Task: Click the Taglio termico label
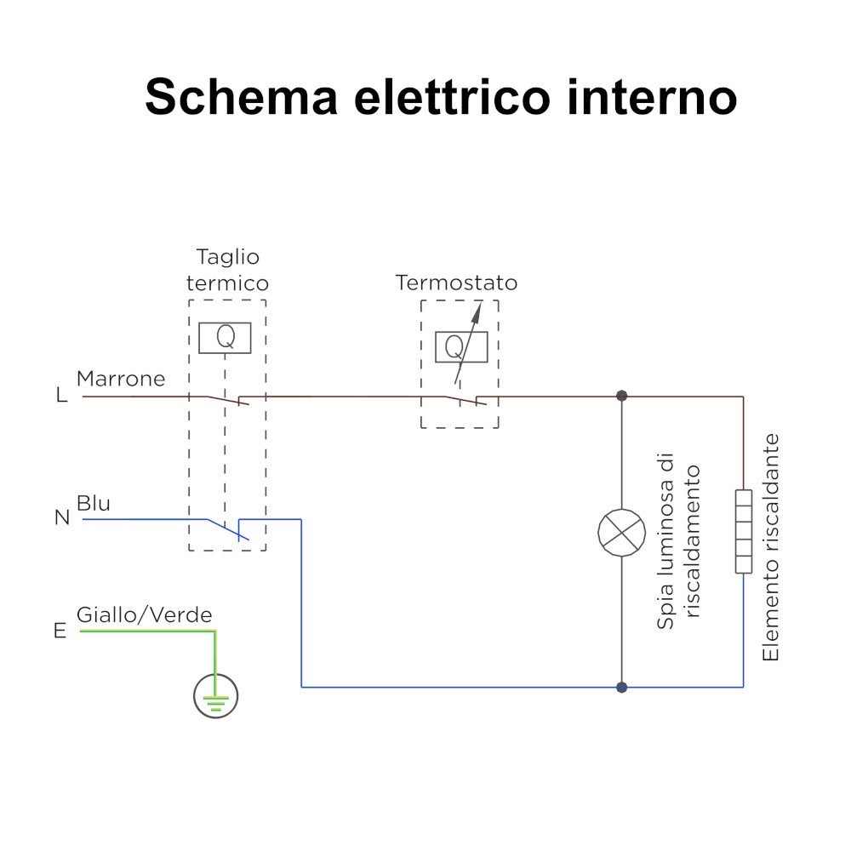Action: click(x=227, y=270)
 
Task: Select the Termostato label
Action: click(x=456, y=283)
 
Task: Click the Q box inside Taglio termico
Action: click(x=225, y=338)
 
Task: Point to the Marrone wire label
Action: click(x=121, y=380)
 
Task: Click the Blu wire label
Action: click(x=94, y=503)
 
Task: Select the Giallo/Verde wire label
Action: click(x=145, y=615)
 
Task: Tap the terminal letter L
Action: click(x=61, y=397)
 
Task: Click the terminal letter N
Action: click(x=62, y=517)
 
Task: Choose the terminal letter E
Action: click(x=60, y=631)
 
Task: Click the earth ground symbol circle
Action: click(x=215, y=697)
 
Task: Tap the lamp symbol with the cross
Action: click(x=622, y=532)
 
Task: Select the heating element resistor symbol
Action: click(x=744, y=532)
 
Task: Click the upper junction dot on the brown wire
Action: click(x=622, y=396)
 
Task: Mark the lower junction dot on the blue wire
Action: click(x=622, y=687)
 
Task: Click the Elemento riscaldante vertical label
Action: click(x=771, y=547)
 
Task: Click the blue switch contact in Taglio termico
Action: click(x=228, y=528)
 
